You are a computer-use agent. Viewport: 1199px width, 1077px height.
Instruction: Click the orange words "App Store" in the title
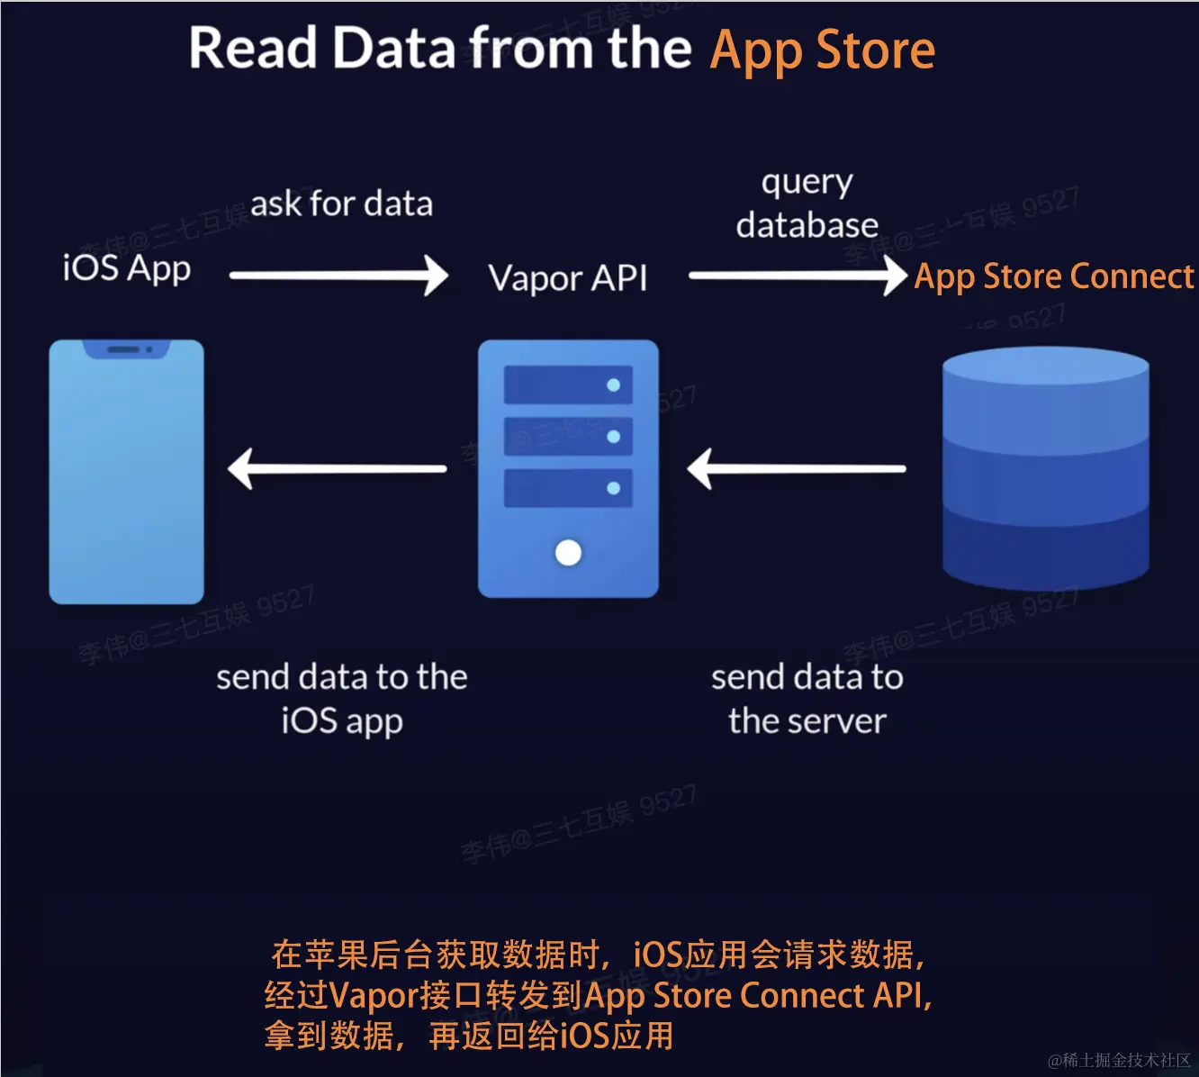click(x=822, y=50)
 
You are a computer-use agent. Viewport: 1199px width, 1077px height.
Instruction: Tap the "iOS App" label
click(x=127, y=268)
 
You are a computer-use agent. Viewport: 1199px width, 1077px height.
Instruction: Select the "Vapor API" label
click(x=567, y=277)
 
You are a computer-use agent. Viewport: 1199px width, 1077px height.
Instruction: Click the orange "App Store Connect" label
click(x=1053, y=276)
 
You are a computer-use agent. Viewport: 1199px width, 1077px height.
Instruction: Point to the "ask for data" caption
click(x=341, y=204)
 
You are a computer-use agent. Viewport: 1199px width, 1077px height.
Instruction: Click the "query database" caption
click(x=807, y=204)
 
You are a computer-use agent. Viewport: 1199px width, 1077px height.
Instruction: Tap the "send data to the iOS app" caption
click(x=341, y=699)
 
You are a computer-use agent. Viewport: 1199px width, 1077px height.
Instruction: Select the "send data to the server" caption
click(x=807, y=699)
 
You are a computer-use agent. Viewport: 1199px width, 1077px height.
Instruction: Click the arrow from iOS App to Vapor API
click(x=338, y=276)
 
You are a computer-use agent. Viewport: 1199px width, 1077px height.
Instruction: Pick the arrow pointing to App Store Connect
click(x=798, y=276)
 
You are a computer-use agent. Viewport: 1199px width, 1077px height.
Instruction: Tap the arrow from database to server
click(x=797, y=469)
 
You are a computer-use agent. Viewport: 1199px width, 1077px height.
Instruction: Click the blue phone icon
click(x=126, y=473)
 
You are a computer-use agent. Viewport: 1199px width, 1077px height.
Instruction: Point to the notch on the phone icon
click(x=126, y=349)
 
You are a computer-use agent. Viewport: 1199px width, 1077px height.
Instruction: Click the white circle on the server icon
click(x=568, y=552)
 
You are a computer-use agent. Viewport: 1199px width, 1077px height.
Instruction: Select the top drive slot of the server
click(x=567, y=385)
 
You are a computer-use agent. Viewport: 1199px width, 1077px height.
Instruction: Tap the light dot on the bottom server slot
click(x=614, y=488)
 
